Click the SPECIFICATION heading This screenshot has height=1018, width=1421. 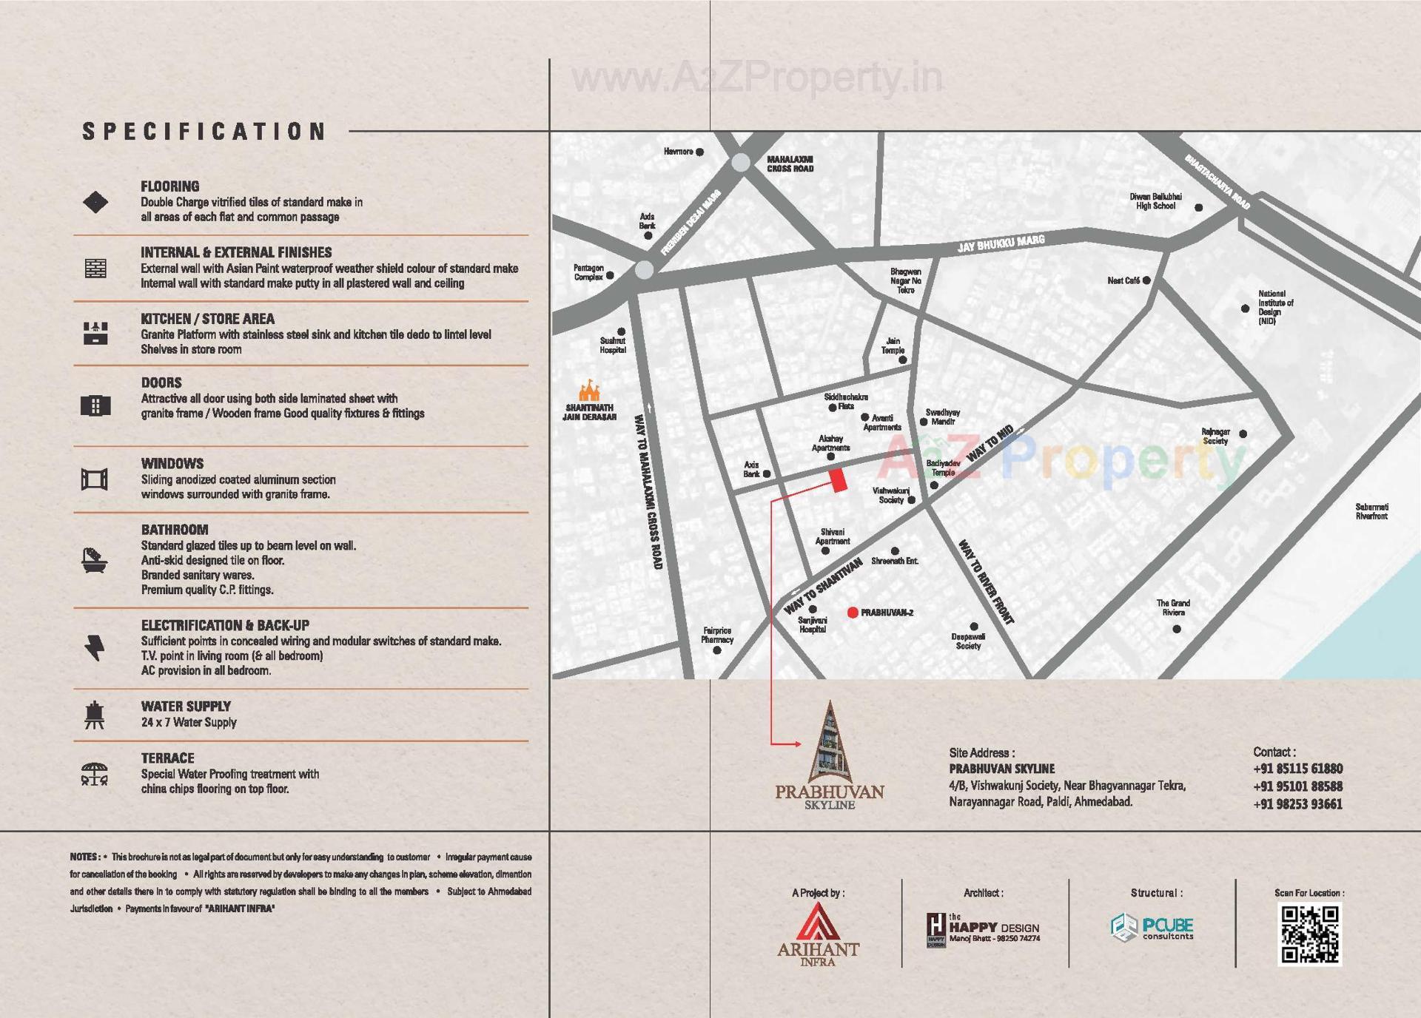tap(204, 132)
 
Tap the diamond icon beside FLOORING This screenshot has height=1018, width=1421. tap(95, 202)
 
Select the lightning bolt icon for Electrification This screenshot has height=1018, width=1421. tap(95, 647)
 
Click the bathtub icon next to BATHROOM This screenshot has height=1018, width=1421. tap(94, 560)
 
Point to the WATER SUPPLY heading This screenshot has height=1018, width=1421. tap(186, 707)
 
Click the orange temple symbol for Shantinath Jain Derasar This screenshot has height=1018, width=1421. tap(589, 390)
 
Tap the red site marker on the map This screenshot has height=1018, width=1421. tap(838, 480)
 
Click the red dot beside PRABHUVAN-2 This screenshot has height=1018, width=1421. tap(853, 613)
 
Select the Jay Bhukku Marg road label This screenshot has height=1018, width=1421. tap(1001, 243)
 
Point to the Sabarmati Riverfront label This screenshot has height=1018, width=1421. tap(1371, 511)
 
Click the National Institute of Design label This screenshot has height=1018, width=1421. tap(1275, 307)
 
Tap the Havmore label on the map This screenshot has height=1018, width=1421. tap(678, 152)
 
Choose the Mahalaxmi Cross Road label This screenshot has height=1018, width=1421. tap(790, 164)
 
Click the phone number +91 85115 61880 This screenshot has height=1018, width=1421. tap(1297, 769)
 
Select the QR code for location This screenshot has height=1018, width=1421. tap(1309, 935)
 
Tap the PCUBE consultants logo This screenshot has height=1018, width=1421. tap(1152, 928)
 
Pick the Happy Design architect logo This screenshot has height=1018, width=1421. tap(983, 929)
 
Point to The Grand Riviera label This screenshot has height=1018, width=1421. tap(1173, 607)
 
